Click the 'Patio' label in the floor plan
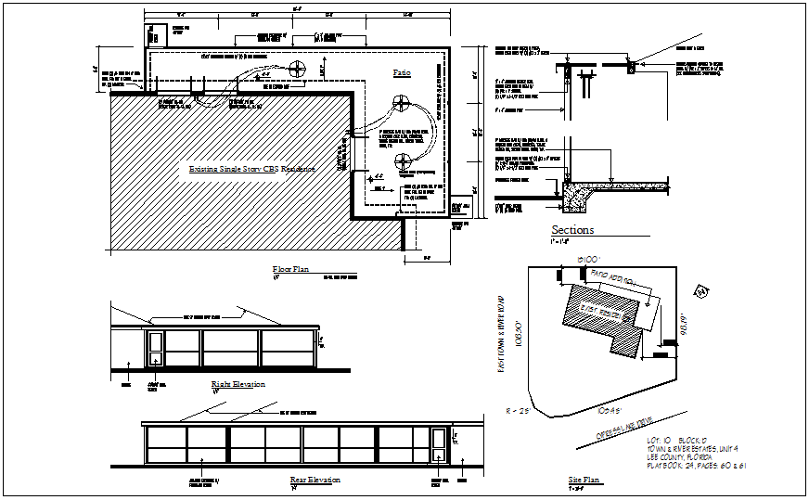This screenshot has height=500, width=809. click(x=401, y=72)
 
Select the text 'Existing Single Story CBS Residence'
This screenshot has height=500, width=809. click(x=251, y=170)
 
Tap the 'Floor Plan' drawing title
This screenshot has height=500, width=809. click(x=289, y=271)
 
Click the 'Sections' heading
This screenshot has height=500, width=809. click(x=572, y=231)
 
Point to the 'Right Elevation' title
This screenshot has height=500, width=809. click(x=238, y=384)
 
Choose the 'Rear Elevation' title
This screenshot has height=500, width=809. click(x=315, y=481)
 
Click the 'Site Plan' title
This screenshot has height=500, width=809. click(x=584, y=481)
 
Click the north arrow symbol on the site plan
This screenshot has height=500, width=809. click(x=701, y=293)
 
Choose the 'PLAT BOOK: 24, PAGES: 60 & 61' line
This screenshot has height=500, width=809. click(x=692, y=464)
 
